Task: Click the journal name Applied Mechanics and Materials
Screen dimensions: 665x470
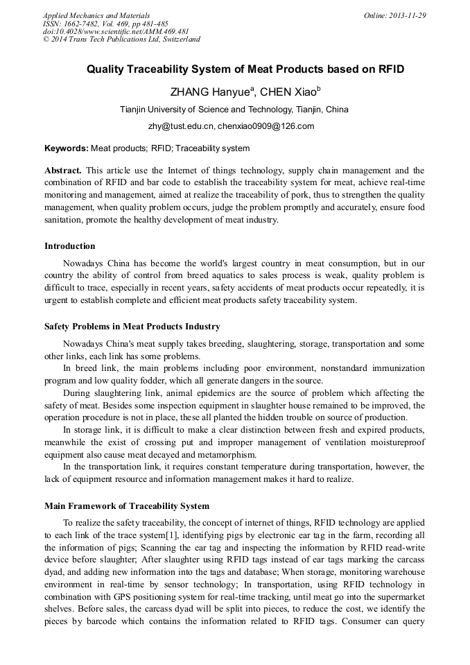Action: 96,15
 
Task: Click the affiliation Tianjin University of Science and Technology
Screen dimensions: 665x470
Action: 234,110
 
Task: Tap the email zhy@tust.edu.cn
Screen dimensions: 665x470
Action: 180,126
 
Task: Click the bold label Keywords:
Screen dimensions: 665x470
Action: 67,148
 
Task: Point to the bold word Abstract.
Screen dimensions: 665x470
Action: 63,170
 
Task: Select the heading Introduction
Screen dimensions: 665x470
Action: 70,246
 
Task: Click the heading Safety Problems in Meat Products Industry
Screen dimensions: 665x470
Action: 132,327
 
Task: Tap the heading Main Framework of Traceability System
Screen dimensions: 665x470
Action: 127,506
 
